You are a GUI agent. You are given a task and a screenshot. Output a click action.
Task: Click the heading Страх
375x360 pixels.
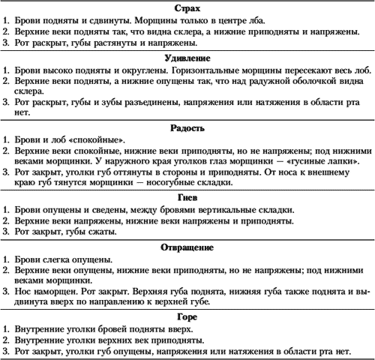187,7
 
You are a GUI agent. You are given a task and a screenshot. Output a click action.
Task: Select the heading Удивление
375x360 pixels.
187,57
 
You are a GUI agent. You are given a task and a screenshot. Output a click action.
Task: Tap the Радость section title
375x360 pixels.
187,129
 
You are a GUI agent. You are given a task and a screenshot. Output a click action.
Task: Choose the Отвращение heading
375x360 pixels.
187,247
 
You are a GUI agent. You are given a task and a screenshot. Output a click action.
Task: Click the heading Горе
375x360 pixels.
187,317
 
